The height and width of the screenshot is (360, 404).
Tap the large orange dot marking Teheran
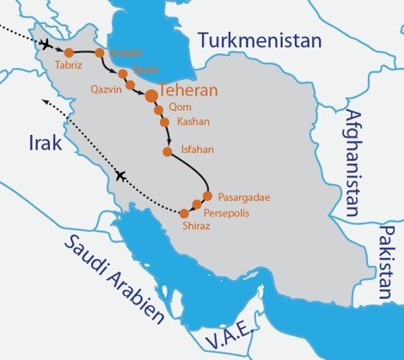tap(151, 95)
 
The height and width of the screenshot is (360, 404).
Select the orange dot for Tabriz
tap(69, 52)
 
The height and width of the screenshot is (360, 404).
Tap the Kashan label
tap(193, 122)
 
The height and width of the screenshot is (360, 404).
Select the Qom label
tap(181, 107)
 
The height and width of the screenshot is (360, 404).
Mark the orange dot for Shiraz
tap(184, 213)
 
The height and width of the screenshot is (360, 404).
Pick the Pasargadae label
tap(245, 197)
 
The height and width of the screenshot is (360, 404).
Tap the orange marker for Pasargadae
tap(207, 195)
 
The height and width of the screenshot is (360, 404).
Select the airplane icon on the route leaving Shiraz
tap(119, 176)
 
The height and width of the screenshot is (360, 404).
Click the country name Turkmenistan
tap(259, 40)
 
